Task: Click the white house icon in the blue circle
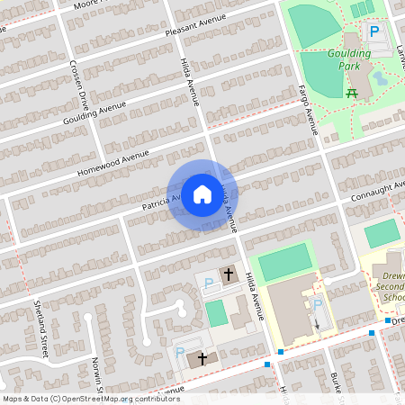(202, 194)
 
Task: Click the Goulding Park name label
(350, 60)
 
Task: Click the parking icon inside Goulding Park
(373, 32)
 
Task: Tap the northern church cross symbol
(229, 274)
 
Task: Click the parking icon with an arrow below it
(317, 308)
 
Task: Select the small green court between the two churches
(215, 313)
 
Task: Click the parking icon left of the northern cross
(209, 283)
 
